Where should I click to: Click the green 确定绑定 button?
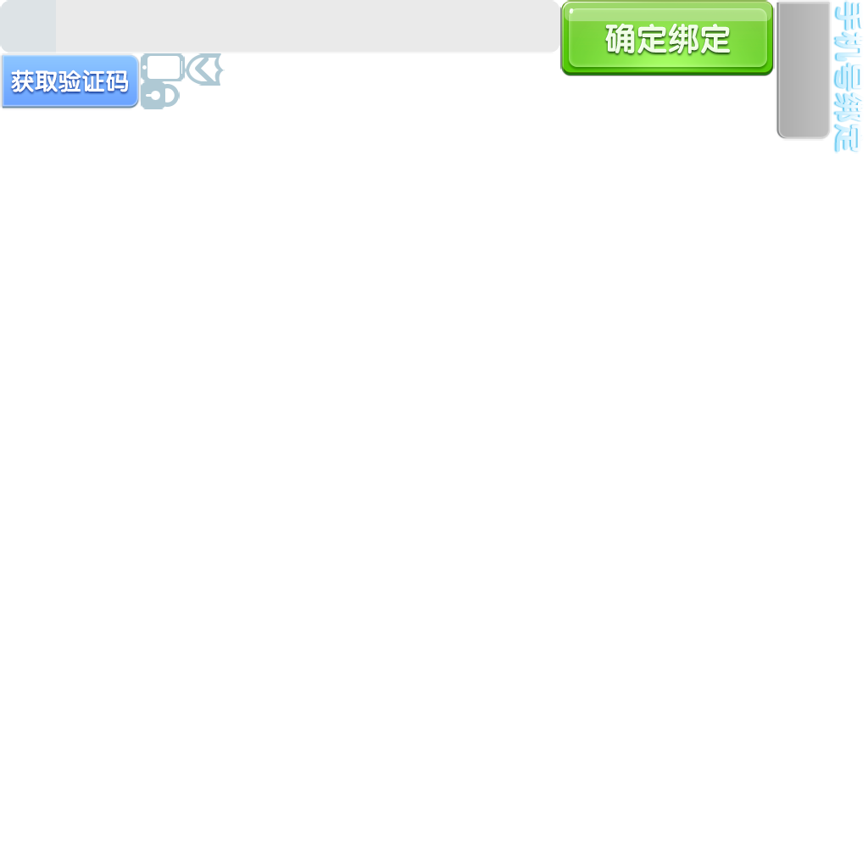[x=667, y=38]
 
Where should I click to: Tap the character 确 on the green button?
[x=620, y=39]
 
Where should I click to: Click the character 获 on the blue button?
[x=22, y=82]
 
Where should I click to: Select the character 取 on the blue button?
[x=46, y=82]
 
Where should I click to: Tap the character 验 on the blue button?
[x=70, y=82]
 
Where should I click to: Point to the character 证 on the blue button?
[x=93, y=82]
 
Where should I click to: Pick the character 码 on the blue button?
[x=117, y=82]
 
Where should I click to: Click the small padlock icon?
[x=160, y=96]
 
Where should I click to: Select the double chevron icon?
[x=203, y=70]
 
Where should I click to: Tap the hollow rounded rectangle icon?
[x=163, y=68]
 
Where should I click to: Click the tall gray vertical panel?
[x=803, y=70]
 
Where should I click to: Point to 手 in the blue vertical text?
[x=849, y=16]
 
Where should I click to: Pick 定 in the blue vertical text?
[x=849, y=138]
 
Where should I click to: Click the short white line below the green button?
[x=581, y=77]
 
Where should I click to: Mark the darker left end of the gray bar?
[x=27, y=26]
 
